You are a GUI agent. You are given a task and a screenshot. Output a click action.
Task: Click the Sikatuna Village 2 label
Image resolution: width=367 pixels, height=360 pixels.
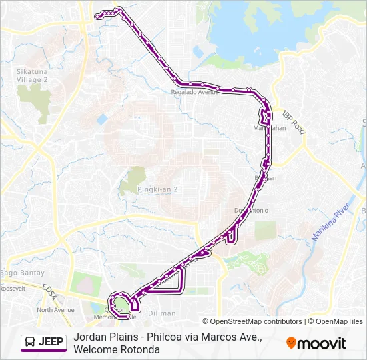tap(33, 74)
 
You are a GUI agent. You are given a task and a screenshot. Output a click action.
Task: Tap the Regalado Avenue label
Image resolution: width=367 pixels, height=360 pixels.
tap(195, 93)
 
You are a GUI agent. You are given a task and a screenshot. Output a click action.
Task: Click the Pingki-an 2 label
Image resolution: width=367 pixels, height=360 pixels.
tap(157, 189)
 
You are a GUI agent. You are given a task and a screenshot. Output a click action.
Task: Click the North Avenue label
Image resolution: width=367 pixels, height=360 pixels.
tap(55, 310)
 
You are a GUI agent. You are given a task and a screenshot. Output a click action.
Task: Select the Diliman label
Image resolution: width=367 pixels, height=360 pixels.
tap(161, 313)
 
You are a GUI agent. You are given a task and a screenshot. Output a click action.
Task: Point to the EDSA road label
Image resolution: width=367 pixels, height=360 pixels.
tap(51, 285)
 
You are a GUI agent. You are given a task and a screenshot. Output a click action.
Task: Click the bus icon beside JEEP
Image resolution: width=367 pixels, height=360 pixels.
tap(30, 343)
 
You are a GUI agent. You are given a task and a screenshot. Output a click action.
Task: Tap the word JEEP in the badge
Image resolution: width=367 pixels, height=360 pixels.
tap(51, 343)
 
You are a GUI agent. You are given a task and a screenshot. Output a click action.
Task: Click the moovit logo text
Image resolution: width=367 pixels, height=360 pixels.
tap(321, 343)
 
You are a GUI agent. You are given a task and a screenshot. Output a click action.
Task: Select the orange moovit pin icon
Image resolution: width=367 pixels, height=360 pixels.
tap(291, 343)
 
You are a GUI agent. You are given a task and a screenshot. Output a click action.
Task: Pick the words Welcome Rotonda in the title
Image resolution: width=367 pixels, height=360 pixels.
tap(117, 349)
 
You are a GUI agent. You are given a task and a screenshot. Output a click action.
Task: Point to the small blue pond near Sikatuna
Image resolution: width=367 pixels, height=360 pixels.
tap(101, 119)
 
